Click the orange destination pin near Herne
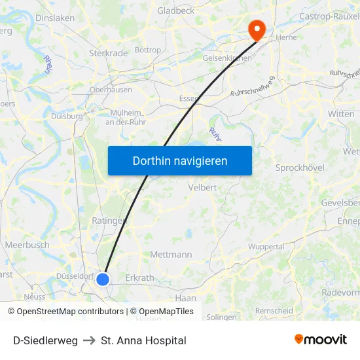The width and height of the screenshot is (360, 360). click(255, 28)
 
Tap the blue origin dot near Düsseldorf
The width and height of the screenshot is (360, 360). click(103, 279)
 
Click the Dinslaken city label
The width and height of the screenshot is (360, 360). click(55, 18)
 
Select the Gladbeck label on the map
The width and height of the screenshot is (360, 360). click(175, 11)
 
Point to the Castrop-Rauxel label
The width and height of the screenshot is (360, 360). click(329, 16)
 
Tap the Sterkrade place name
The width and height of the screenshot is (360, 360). click(107, 53)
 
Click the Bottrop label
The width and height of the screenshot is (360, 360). click(147, 50)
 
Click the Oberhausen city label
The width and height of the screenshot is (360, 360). click(111, 90)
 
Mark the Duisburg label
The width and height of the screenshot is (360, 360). click(67, 116)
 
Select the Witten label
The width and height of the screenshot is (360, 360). click(341, 114)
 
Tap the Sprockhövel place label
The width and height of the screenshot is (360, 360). click(300, 168)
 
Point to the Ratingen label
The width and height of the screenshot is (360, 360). click(109, 221)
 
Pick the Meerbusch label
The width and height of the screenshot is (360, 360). click(27, 245)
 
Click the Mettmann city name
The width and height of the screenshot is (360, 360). click(171, 255)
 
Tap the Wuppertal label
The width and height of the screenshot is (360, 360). click(266, 247)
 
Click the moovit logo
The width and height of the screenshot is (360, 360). click(321, 340)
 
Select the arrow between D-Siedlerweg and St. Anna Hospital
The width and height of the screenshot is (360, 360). click(89, 340)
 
